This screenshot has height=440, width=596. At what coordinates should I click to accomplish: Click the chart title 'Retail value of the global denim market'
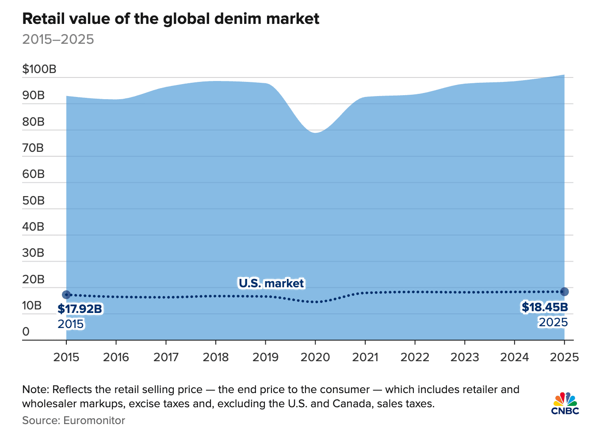click(x=171, y=19)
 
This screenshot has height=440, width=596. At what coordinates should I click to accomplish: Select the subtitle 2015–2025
click(x=58, y=39)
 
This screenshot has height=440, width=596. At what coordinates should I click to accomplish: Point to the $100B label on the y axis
click(x=39, y=69)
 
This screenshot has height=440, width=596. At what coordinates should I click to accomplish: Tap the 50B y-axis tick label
click(x=34, y=201)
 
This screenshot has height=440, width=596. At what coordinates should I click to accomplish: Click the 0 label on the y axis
click(x=26, y=332)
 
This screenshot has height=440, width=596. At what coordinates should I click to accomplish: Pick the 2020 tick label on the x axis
click(x=315, y=357)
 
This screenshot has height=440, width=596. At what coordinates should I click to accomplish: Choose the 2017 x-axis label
click(x=166, y=357)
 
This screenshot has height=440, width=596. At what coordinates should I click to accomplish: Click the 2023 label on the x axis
click(x=465, y=357)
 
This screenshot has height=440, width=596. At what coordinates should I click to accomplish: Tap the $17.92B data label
click(x=80, y=309)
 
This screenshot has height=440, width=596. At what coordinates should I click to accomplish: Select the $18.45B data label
click(x=545, y=307)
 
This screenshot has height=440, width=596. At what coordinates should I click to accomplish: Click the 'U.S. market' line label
click(x=271, y=283)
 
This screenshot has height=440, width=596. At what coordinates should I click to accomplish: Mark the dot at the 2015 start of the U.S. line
click(x=66, y=294)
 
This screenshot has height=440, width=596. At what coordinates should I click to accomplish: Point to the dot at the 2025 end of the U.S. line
click(x=564, y=292)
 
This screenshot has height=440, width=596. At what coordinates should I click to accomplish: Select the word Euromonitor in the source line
click(x=94, y=420)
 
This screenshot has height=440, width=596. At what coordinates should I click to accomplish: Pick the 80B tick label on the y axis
click(x=34, y=122)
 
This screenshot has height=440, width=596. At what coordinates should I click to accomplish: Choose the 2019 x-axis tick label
click(x=265, y=357)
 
